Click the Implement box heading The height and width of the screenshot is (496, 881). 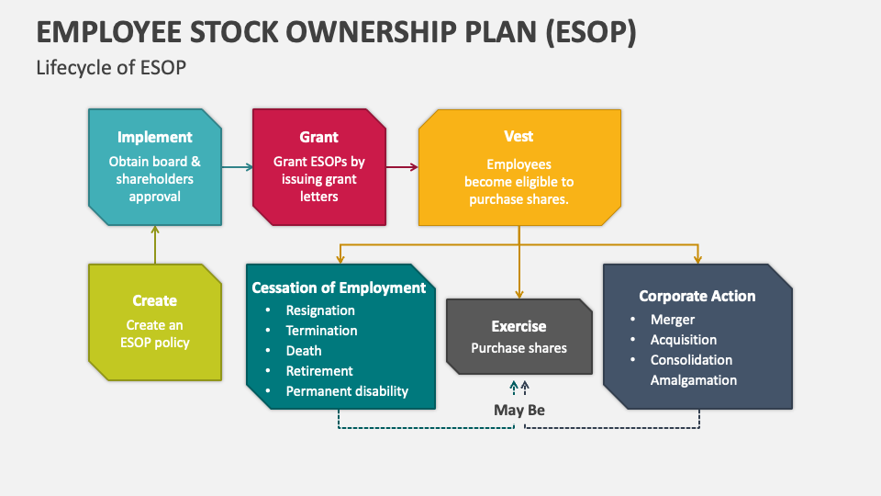pos(155,137)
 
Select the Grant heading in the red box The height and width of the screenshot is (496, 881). pos(318,137)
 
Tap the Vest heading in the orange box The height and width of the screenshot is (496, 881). pos(519,136)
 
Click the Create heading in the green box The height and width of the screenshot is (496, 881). pos(154,300)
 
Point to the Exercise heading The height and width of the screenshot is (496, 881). pos(519,326)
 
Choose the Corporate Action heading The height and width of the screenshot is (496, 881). pos(697,296)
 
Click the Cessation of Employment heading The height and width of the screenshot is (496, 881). pos(339,287)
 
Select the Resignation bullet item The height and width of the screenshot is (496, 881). pos(319,310)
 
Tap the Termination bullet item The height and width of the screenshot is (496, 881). pos(321,331)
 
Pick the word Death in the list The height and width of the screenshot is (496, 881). pos(304,351)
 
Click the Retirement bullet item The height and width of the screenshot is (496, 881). pos(319,371)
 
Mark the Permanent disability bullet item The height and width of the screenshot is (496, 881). pos(347,391)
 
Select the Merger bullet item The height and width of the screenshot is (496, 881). pos(673,320)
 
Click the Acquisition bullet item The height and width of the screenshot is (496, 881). pos(684,340)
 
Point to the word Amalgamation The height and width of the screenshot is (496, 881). pos(694,380)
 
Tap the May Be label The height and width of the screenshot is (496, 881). pos(519,410)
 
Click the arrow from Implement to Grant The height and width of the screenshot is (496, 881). pos(237,167)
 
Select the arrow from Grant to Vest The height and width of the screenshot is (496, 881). pos(402,167)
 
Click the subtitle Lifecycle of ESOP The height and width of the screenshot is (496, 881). pos(112,68)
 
